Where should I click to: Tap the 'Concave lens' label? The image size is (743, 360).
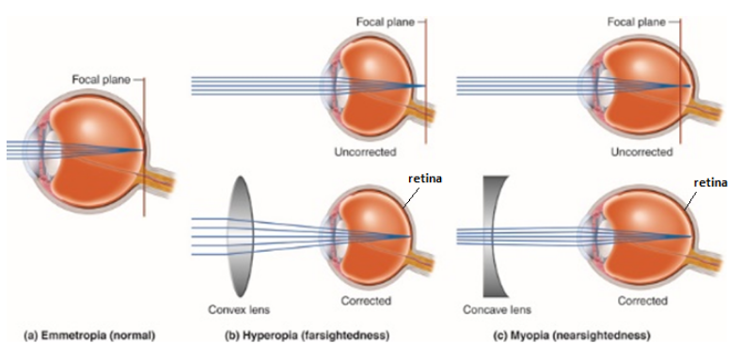pyautogui.click(x=495, y=309)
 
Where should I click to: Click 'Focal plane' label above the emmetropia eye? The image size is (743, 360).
pyautogui.click(x=101, y=79)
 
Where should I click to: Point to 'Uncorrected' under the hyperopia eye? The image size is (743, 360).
pyautogui.click(x=363, y=151)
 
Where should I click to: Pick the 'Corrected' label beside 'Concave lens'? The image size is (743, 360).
pyautogui.click(x=643, y=301)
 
